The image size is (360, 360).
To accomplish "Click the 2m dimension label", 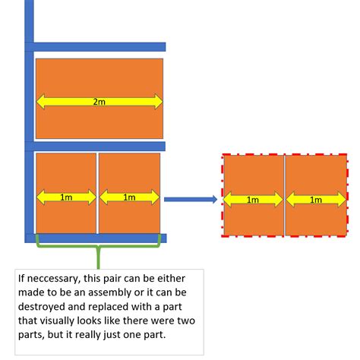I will tap(99, 101).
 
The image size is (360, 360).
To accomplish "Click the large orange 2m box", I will tap(99, 80).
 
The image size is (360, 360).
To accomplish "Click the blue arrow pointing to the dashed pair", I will tap(190, 200).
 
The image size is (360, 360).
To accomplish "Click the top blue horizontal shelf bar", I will tap(99, 47).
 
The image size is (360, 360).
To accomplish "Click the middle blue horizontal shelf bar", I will tap(99, 146).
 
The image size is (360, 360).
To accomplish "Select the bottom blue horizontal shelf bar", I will tap(99, 238).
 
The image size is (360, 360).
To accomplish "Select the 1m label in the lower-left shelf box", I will tap(66, 198).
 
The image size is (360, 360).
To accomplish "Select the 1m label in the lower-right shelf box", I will tap(129, 198).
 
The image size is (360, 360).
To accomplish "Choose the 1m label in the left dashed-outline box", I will tap(253, 201).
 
